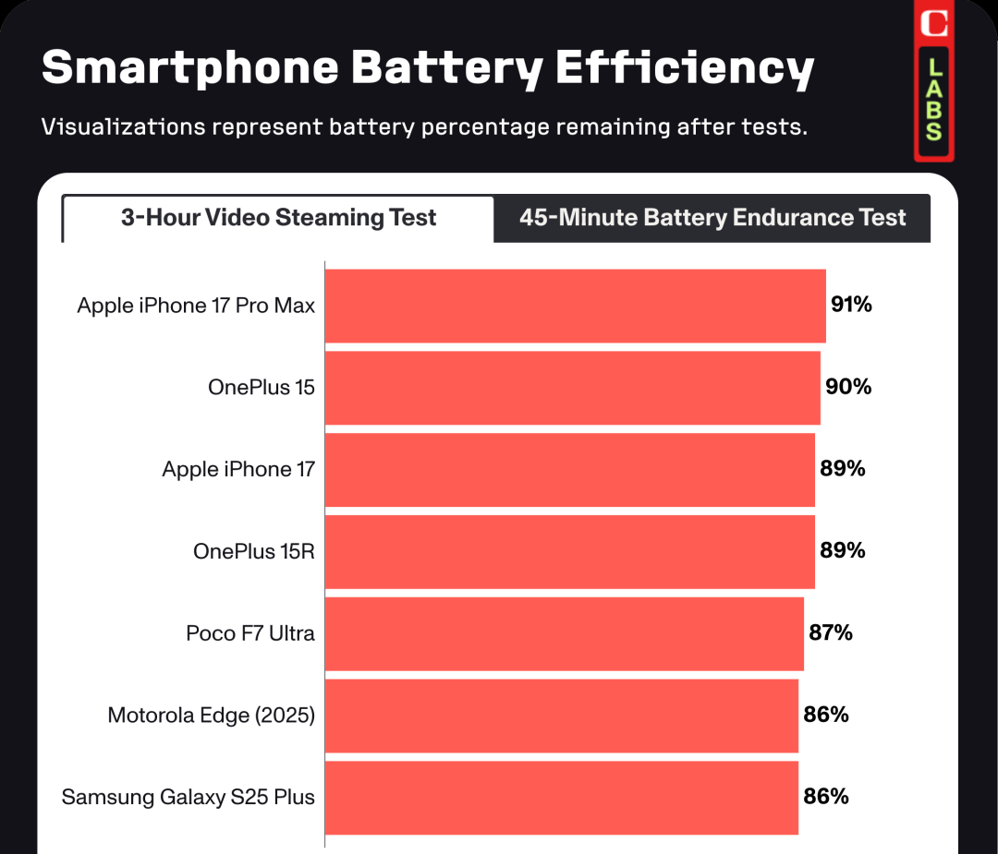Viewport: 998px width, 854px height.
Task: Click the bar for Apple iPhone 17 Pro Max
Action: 575,306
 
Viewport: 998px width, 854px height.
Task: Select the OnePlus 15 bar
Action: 572,388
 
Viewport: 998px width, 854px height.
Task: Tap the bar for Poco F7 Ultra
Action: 564,633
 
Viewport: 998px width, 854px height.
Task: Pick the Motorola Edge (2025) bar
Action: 561,716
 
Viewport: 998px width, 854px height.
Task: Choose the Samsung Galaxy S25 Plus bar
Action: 561,798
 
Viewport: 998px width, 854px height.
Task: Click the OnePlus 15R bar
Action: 569,551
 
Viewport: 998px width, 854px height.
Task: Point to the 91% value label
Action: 851,305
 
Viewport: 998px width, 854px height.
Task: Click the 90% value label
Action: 848,387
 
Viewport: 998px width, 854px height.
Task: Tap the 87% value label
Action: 830,633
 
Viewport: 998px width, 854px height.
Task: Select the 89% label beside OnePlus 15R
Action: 843,551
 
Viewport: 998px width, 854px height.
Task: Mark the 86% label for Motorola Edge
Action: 826,715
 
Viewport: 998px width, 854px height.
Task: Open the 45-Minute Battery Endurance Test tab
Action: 712,219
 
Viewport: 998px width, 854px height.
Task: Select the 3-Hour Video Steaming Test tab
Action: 278,219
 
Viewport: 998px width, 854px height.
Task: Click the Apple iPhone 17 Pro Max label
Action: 196,306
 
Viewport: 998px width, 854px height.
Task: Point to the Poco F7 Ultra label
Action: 250,633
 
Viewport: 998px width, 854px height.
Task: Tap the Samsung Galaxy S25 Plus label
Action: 189,798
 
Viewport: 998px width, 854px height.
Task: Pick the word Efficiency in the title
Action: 685,69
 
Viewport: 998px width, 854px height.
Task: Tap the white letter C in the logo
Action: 934,23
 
